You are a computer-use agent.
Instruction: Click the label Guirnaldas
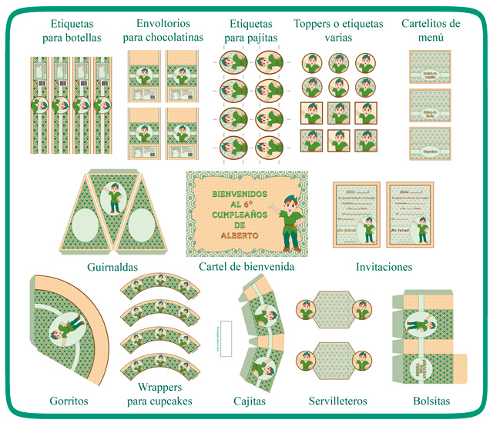point(112,267)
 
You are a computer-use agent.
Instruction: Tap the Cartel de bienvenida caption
point(246,267)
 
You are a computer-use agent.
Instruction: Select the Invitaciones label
point(384,267)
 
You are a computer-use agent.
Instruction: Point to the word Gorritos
point(69,401)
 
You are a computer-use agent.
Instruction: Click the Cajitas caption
point(250,401)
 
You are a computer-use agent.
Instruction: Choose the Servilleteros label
point(337,401)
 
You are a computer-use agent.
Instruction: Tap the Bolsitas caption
point(431,401)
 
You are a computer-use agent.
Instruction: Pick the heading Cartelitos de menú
point(431,29)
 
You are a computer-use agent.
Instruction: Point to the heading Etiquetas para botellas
point(70,29)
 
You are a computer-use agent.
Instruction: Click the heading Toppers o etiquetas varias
point(338,29)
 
